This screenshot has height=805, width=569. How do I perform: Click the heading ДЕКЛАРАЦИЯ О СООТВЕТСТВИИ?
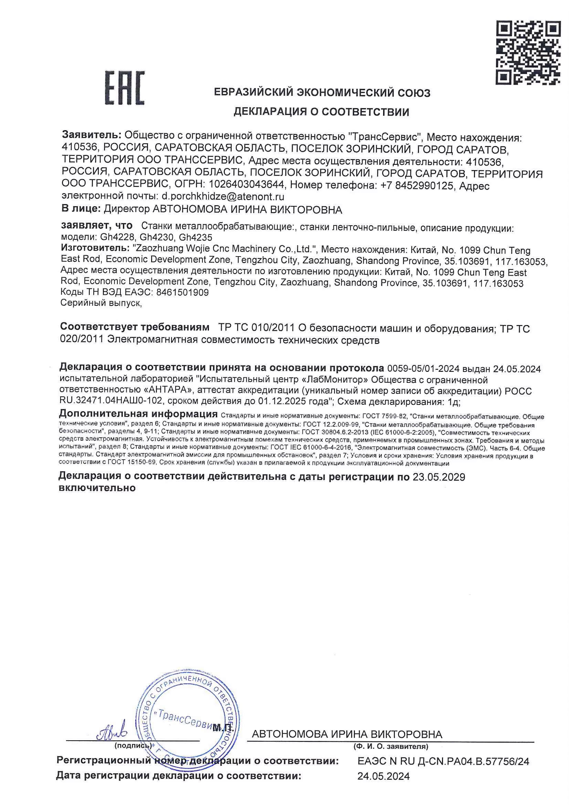click(x=321, y=112)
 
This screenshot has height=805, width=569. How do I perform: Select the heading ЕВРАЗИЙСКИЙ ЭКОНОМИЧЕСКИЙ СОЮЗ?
click(x=322, y=93)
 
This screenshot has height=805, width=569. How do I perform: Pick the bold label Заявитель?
click(x=92, y=135)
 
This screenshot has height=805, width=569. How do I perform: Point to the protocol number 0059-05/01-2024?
click(x=423, y=368)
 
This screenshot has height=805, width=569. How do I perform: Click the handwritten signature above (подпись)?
click(x=112, y=732)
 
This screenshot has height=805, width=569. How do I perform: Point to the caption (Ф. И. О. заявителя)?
click(x=391, y=746)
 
